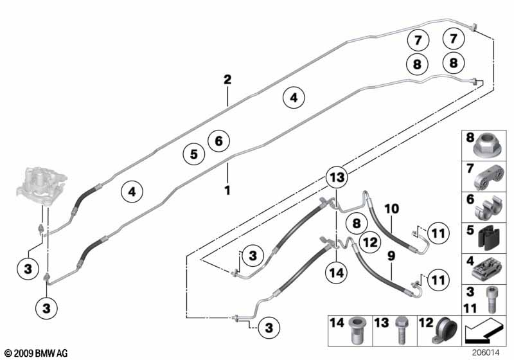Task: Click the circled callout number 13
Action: point(337,177)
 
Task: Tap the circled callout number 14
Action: point(337,273)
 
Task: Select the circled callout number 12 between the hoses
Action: point(370,242)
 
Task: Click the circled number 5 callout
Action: point(194,154)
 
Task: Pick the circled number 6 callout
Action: point(218,141)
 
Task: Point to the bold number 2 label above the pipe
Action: point(227,79)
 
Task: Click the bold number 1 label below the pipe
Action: point(227,190)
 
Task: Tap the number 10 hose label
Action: point(391,209)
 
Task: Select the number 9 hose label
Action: point(391,256)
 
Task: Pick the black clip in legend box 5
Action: point(489,238)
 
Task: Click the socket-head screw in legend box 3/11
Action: point(491,300)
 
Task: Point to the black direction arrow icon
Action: point(483,330)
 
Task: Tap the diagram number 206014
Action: point(486,352)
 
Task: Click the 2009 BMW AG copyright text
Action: point(37,353)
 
